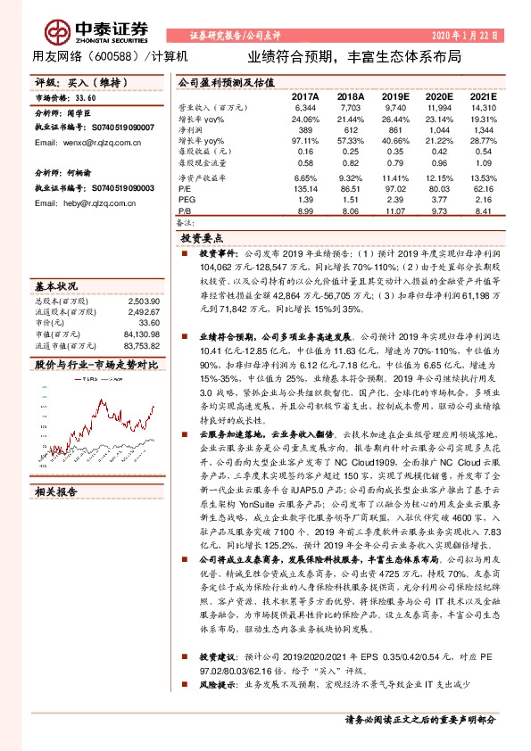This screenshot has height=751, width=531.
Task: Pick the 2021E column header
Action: tap(482, 96)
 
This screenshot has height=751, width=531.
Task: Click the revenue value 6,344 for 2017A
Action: tap(304, 107)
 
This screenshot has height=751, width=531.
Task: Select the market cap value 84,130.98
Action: tap(140, 334)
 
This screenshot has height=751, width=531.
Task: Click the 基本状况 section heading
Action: tap(56, 286)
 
